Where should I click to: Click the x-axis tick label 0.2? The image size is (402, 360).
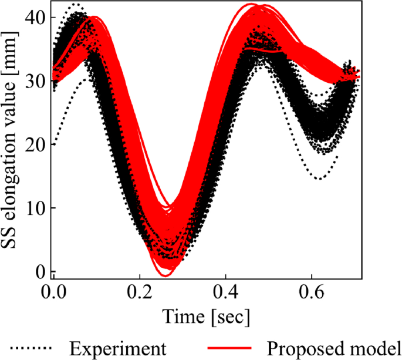[x=140, y=292]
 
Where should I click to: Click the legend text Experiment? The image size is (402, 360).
[x=117, y=348]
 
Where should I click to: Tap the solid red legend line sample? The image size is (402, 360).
[x=229, y=348]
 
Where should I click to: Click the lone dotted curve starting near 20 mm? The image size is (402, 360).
[x=55, y=143]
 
